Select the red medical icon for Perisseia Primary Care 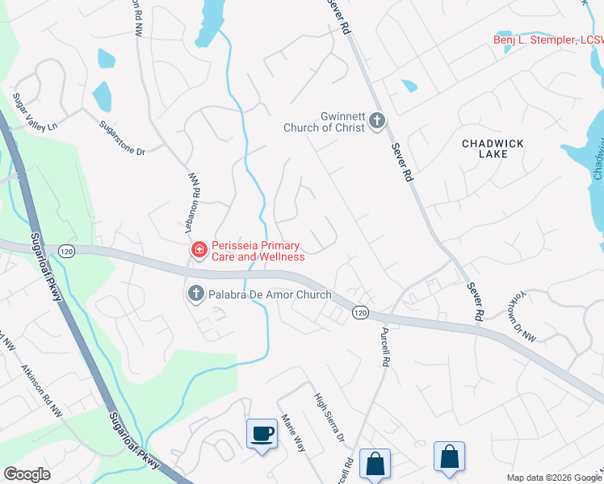[x=198, y=251]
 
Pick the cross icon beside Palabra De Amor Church [x=195, y=294]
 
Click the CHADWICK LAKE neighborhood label [x=493, y=148]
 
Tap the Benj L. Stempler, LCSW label [x=548, y=40]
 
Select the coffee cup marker [x=262, y=434]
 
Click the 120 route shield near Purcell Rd [x=360, y=312]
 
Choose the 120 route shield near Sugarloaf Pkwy [x=65, y=251]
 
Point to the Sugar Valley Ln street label [x=36, y=114]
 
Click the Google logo [x=27, y=474]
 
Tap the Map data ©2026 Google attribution [x=553, y=478]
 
